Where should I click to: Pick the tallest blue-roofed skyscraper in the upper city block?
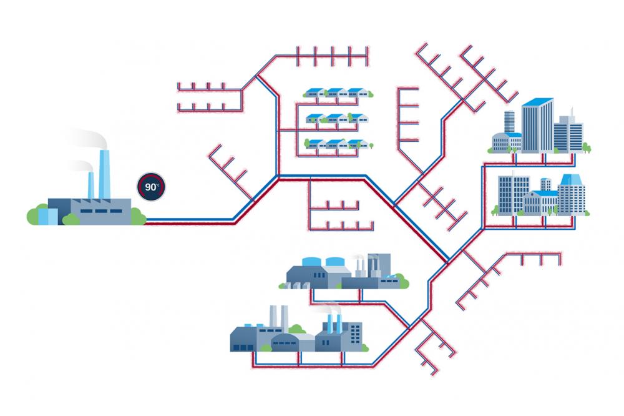pyautogui.click(x=537, y=125)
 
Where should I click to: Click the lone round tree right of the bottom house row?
pyautogui.click(x=371, y=147)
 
